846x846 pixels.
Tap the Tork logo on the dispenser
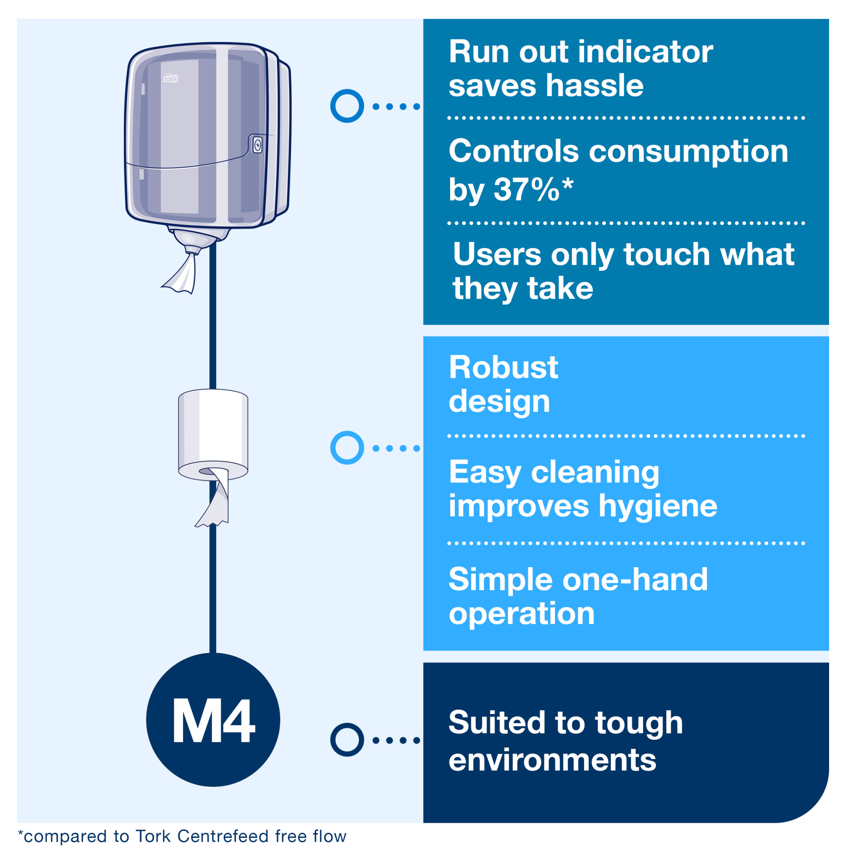(x=170, y=79)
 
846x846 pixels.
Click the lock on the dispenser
(x=258, y=145)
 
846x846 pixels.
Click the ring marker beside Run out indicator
(x=347, y=106)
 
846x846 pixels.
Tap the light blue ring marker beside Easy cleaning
(x=347, y=448)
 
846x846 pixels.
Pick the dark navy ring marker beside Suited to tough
(x=347, y=739)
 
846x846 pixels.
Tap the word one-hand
(x=634, y=580)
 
